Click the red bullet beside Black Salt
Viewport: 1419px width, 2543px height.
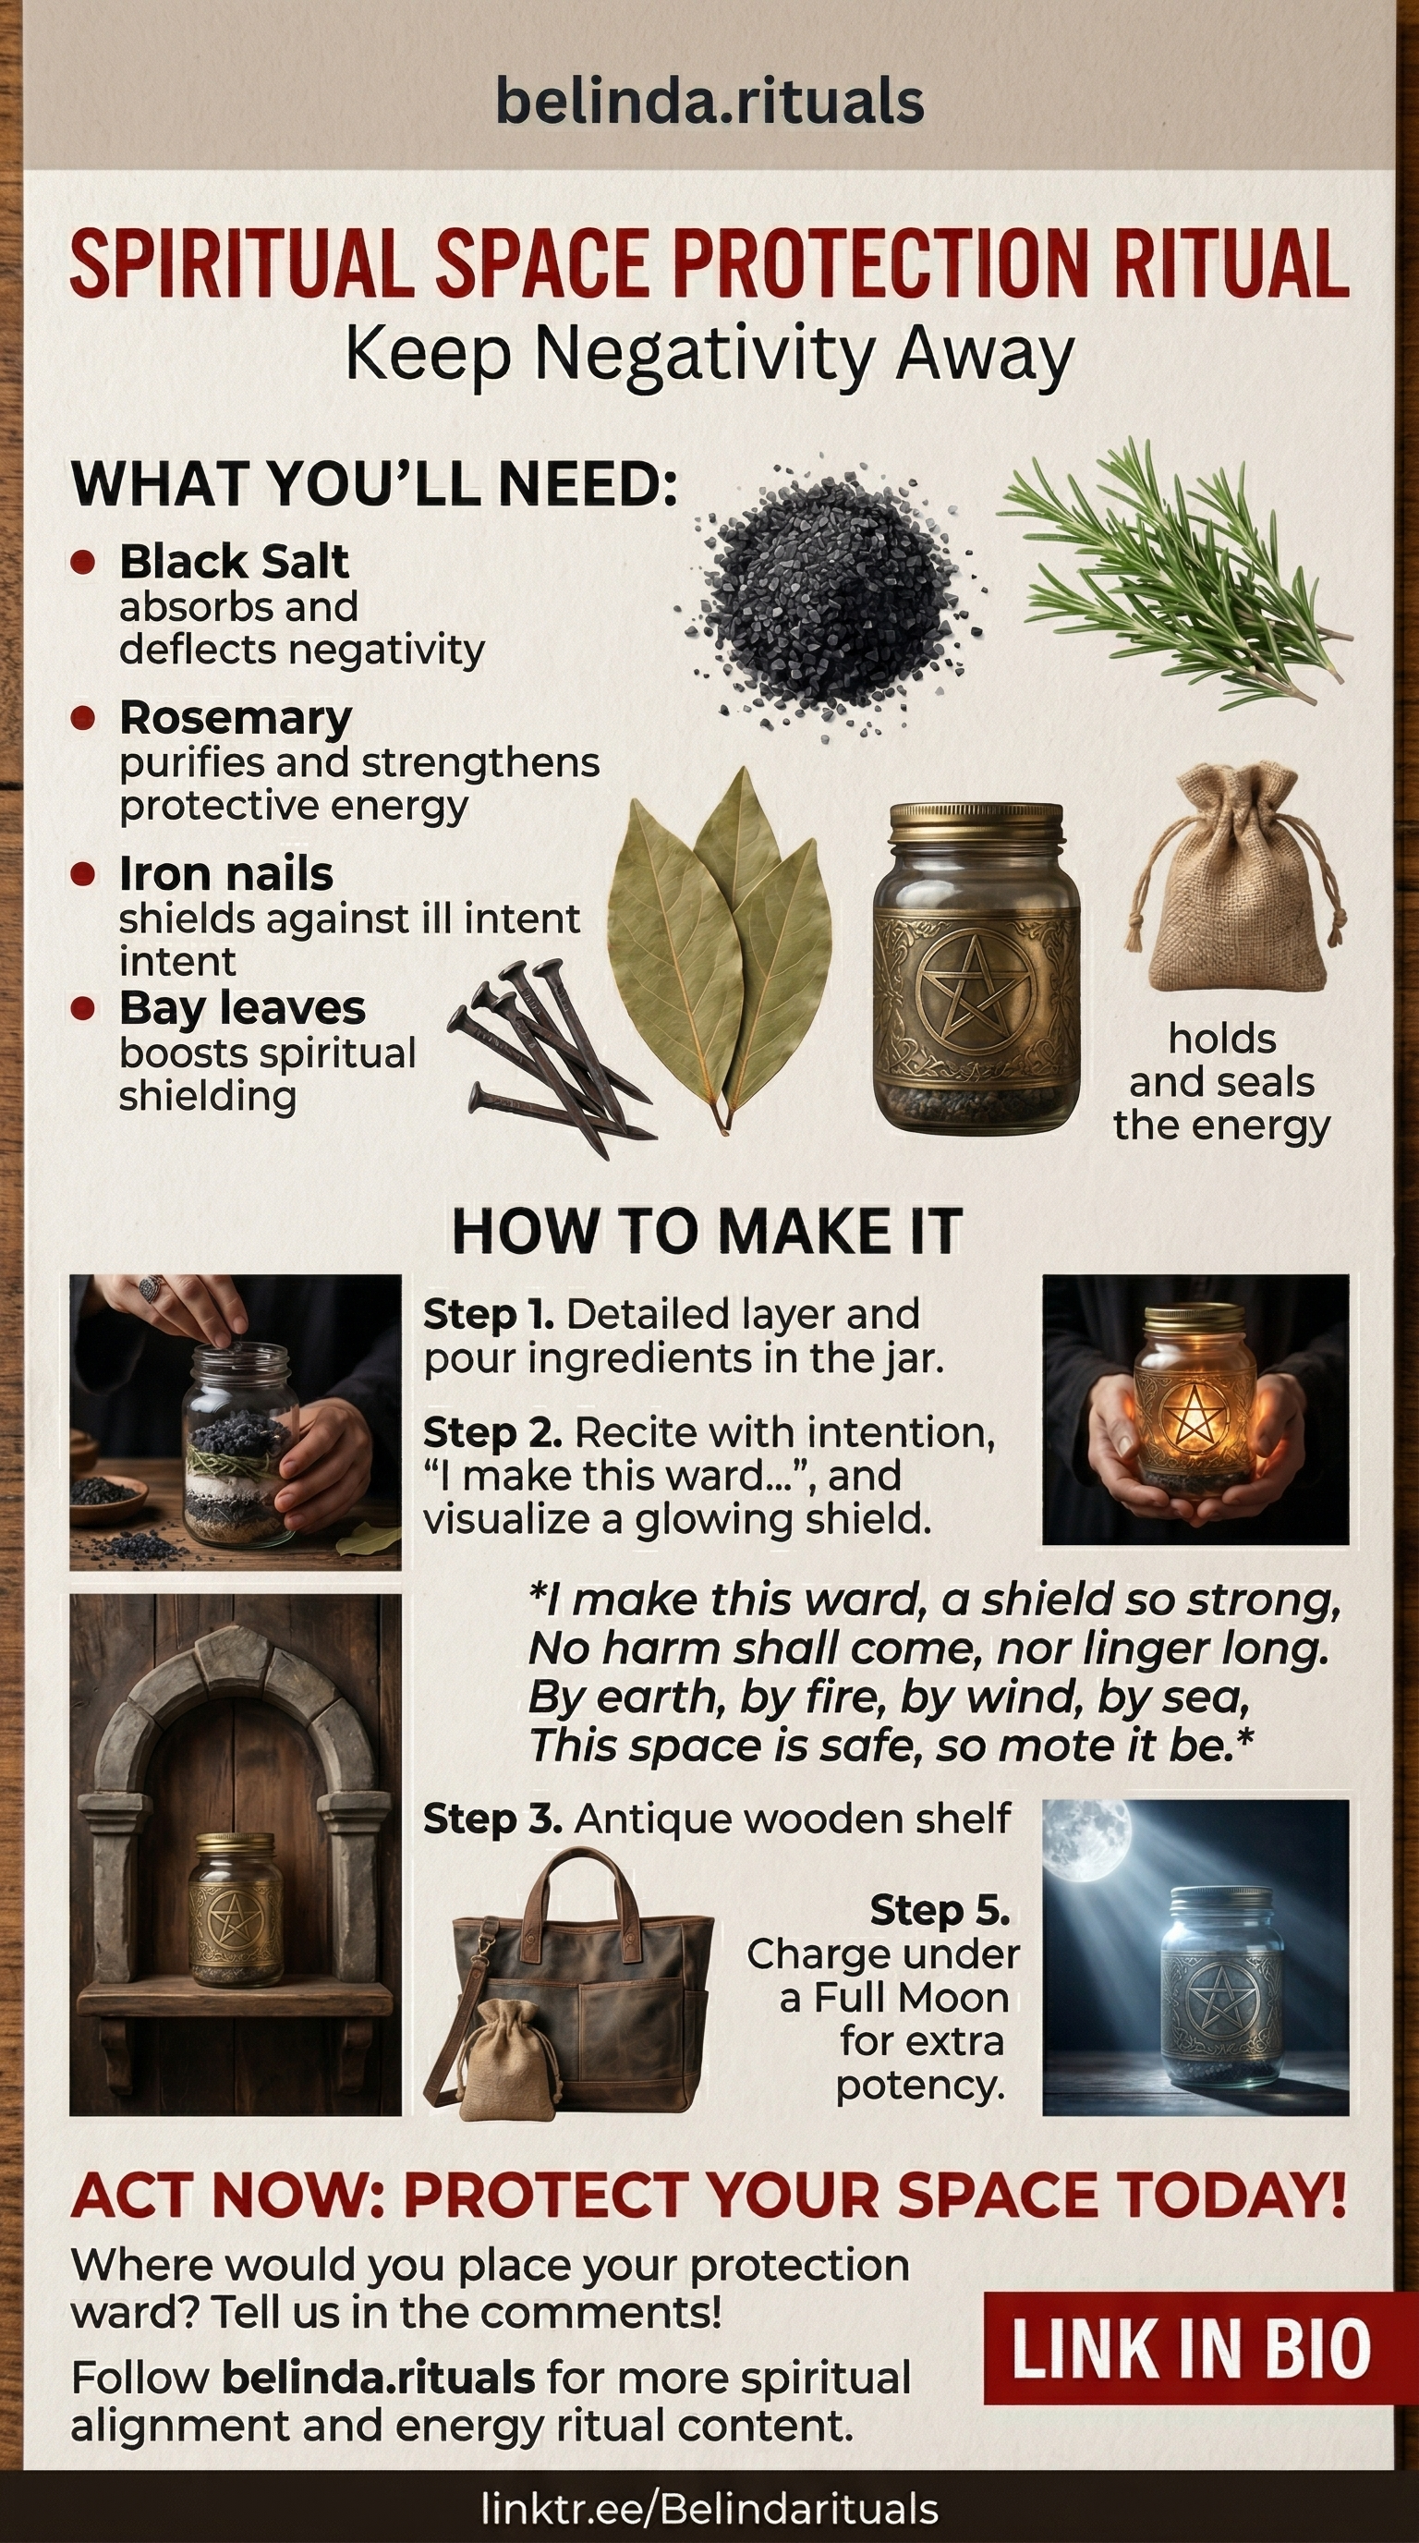tap(83, 563)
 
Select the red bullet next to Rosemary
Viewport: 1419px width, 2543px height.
tap(83, 718)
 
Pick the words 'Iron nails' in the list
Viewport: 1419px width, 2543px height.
tap(226, 873)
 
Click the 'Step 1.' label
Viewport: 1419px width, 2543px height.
tap(488, 1315)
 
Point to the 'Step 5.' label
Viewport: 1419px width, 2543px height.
tap(940, 1910)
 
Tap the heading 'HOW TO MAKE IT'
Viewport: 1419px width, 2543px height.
tap(707, 1232)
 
